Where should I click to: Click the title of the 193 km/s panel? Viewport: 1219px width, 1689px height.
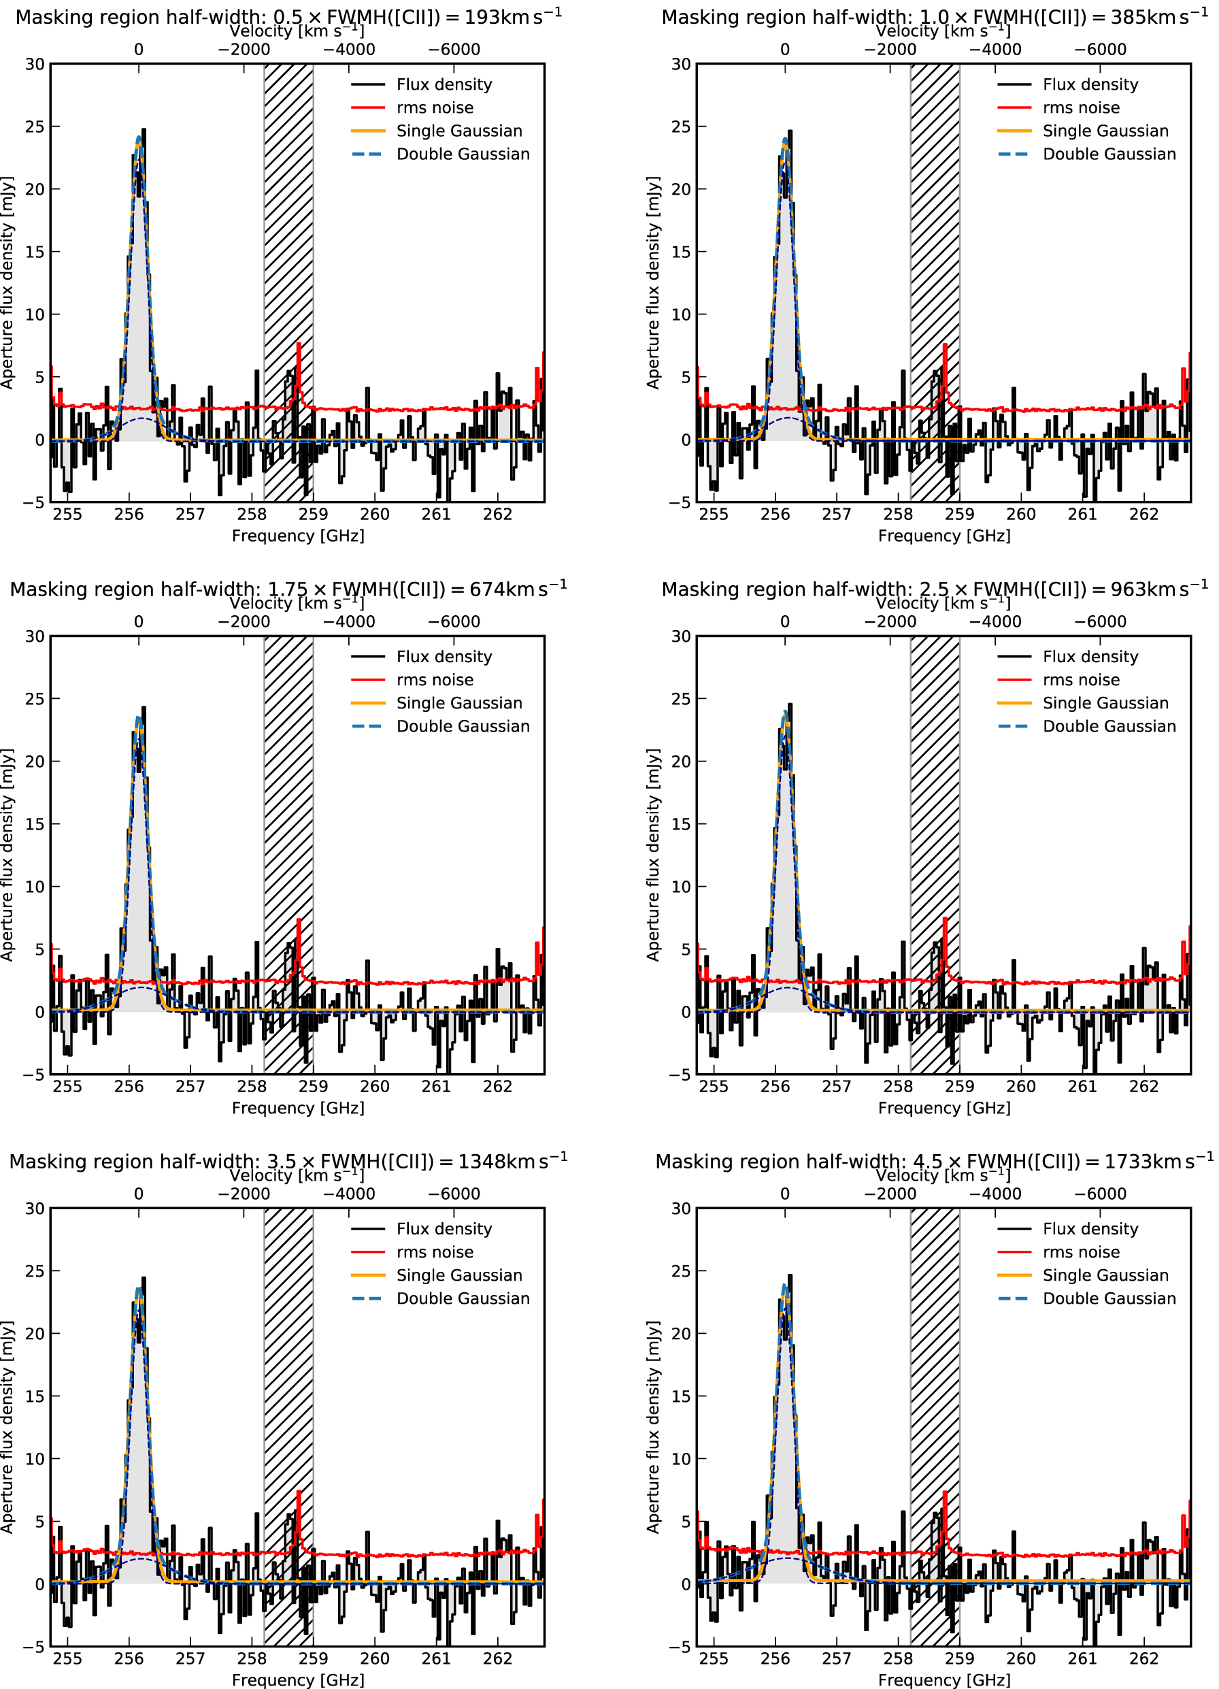[x=288, y=16]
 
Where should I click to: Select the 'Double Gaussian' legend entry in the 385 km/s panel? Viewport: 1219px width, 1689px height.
[x=1109, y=154]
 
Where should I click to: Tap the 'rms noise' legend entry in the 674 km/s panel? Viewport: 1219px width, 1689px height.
[x=434, y=680]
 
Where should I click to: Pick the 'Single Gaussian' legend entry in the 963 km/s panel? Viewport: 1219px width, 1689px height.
[x=1105, y=703]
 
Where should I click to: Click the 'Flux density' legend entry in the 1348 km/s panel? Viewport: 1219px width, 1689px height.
[x=444, y=1229]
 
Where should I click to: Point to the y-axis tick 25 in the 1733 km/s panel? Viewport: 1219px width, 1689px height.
[x=681, y=1270]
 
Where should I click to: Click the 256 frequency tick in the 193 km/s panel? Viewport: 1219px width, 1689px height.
[x=129, y=514]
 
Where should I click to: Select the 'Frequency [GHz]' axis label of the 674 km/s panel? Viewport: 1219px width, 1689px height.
[x=298, y=1107]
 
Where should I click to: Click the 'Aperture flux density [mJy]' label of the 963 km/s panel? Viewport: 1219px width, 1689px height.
[x=653, y=854]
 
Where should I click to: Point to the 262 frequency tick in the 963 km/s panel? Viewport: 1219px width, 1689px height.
[x=1143, y=1087]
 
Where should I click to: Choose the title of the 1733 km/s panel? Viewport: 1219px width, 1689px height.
[x=934, y=1161]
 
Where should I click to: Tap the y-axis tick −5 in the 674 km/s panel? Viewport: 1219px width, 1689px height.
[x=34, y=1075]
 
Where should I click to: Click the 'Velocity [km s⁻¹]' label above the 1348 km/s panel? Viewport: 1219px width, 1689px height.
[x=297, y=1175]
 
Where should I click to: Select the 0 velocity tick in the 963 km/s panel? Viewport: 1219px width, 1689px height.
[x=785, y=622]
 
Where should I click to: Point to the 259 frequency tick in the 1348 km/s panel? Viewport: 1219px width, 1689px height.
[x=313, y=1658]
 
